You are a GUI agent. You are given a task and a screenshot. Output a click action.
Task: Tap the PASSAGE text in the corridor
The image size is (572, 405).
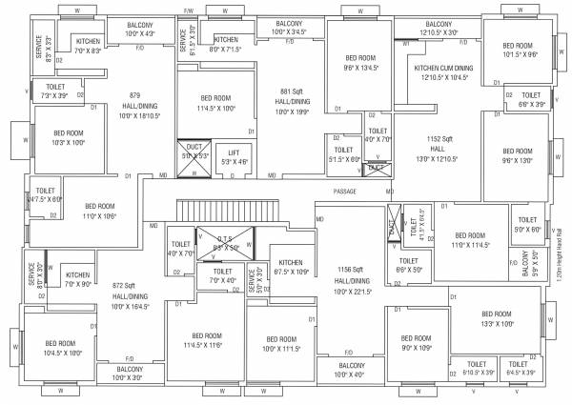coord(345,192)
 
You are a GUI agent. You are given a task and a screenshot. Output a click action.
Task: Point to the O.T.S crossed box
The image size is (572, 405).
coord(225,241)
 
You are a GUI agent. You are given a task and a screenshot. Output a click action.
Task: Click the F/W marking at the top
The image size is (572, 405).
coord(189,10)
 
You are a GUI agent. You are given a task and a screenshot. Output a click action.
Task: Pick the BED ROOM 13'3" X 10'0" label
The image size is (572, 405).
coord(497,318)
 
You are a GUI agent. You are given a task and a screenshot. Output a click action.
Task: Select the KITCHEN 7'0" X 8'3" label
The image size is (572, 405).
coord(88,46)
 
